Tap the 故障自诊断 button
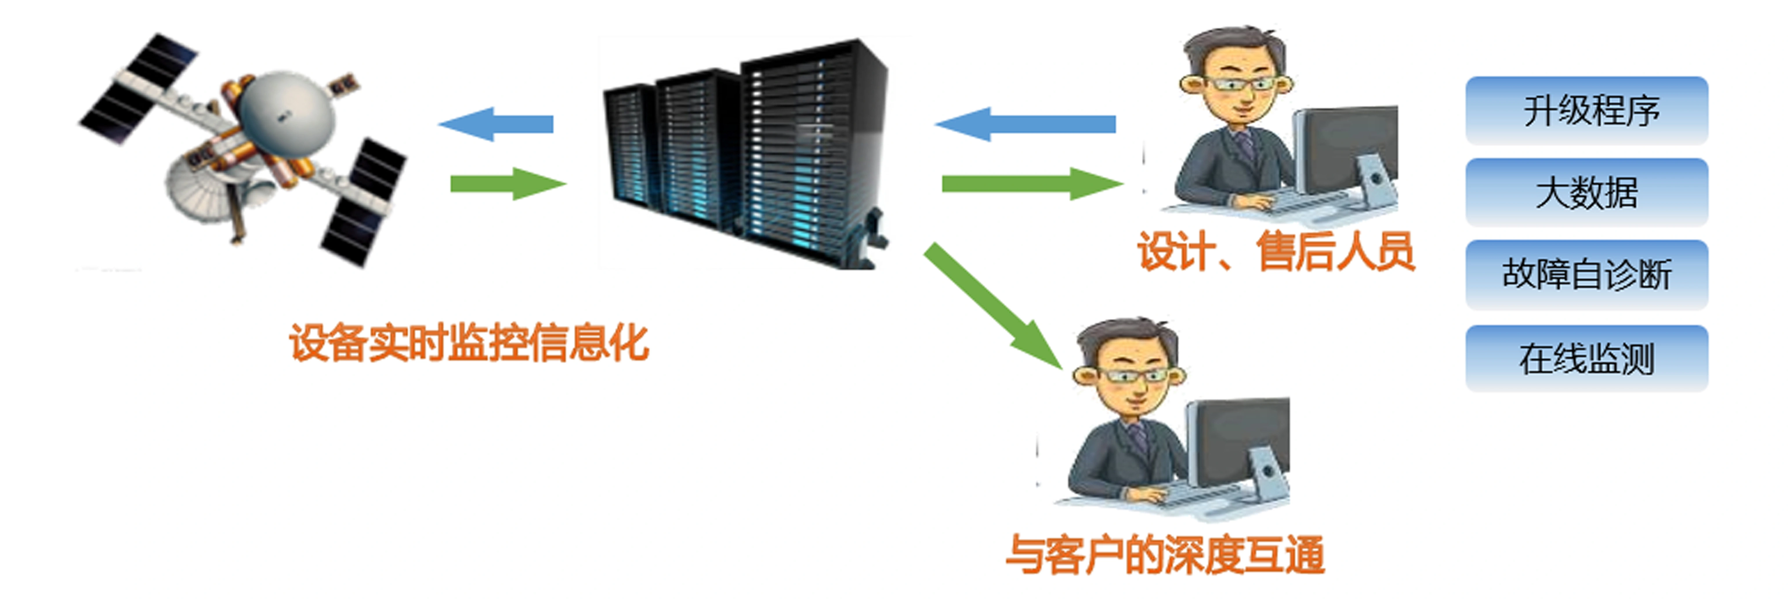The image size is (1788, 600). pyautogui.click(x=1587, y=274)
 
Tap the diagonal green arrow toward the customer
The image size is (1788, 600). pyautogui.click(x=992, y=306)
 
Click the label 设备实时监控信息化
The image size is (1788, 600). pyautogui.click(x=469, y=343)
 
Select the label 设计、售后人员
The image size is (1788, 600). pyautogui.click(x=1276, y=251)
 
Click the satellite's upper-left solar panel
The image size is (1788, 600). pyautogui.click(x=139, y=87)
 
